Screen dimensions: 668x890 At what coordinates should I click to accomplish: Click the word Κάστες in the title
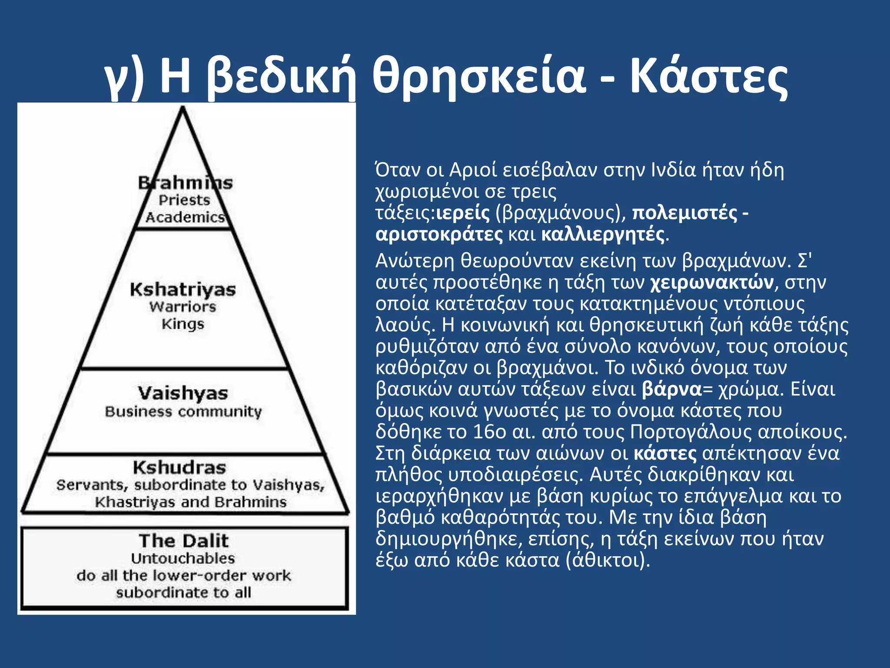(708, 78)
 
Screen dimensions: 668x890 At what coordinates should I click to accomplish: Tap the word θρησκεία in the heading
(478, 78)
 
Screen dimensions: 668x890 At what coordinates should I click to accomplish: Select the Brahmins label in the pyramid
(185, 183)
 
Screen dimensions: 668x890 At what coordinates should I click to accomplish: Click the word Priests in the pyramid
(184, 200)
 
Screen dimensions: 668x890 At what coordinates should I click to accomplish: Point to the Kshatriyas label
(183, 290)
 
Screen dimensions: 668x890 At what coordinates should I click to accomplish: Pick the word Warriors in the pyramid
(183, 307)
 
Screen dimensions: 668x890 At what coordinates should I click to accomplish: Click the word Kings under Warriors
(183, 324)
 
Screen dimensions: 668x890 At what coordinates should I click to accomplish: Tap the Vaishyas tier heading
(183, 393)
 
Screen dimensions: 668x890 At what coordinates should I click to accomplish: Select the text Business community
(183, 411)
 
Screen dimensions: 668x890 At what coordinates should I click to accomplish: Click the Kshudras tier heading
(179, 468)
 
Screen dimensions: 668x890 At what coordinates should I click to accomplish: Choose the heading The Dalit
(184, 541)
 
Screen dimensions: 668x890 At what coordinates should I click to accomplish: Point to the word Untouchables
(183, 558)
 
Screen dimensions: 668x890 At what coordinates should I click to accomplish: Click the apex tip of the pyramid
(183, 109)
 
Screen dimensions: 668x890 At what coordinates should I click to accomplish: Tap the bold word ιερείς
(463, 213)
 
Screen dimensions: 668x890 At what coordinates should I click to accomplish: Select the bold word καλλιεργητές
(603, 234)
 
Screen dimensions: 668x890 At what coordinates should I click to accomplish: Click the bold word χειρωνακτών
(712, 282)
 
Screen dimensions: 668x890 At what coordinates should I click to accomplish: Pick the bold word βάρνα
(672, 389)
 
